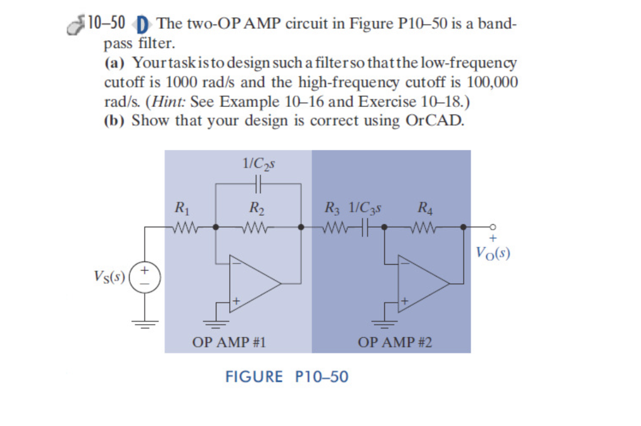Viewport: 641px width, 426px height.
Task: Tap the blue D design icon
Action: (142, 25)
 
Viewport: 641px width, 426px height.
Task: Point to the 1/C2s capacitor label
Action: (259, 164)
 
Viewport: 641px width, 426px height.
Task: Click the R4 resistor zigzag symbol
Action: (427, 227)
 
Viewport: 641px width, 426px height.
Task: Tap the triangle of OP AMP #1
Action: (254, 282)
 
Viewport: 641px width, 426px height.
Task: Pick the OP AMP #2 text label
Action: (394, 342)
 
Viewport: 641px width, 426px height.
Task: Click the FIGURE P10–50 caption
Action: (287, 377)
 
